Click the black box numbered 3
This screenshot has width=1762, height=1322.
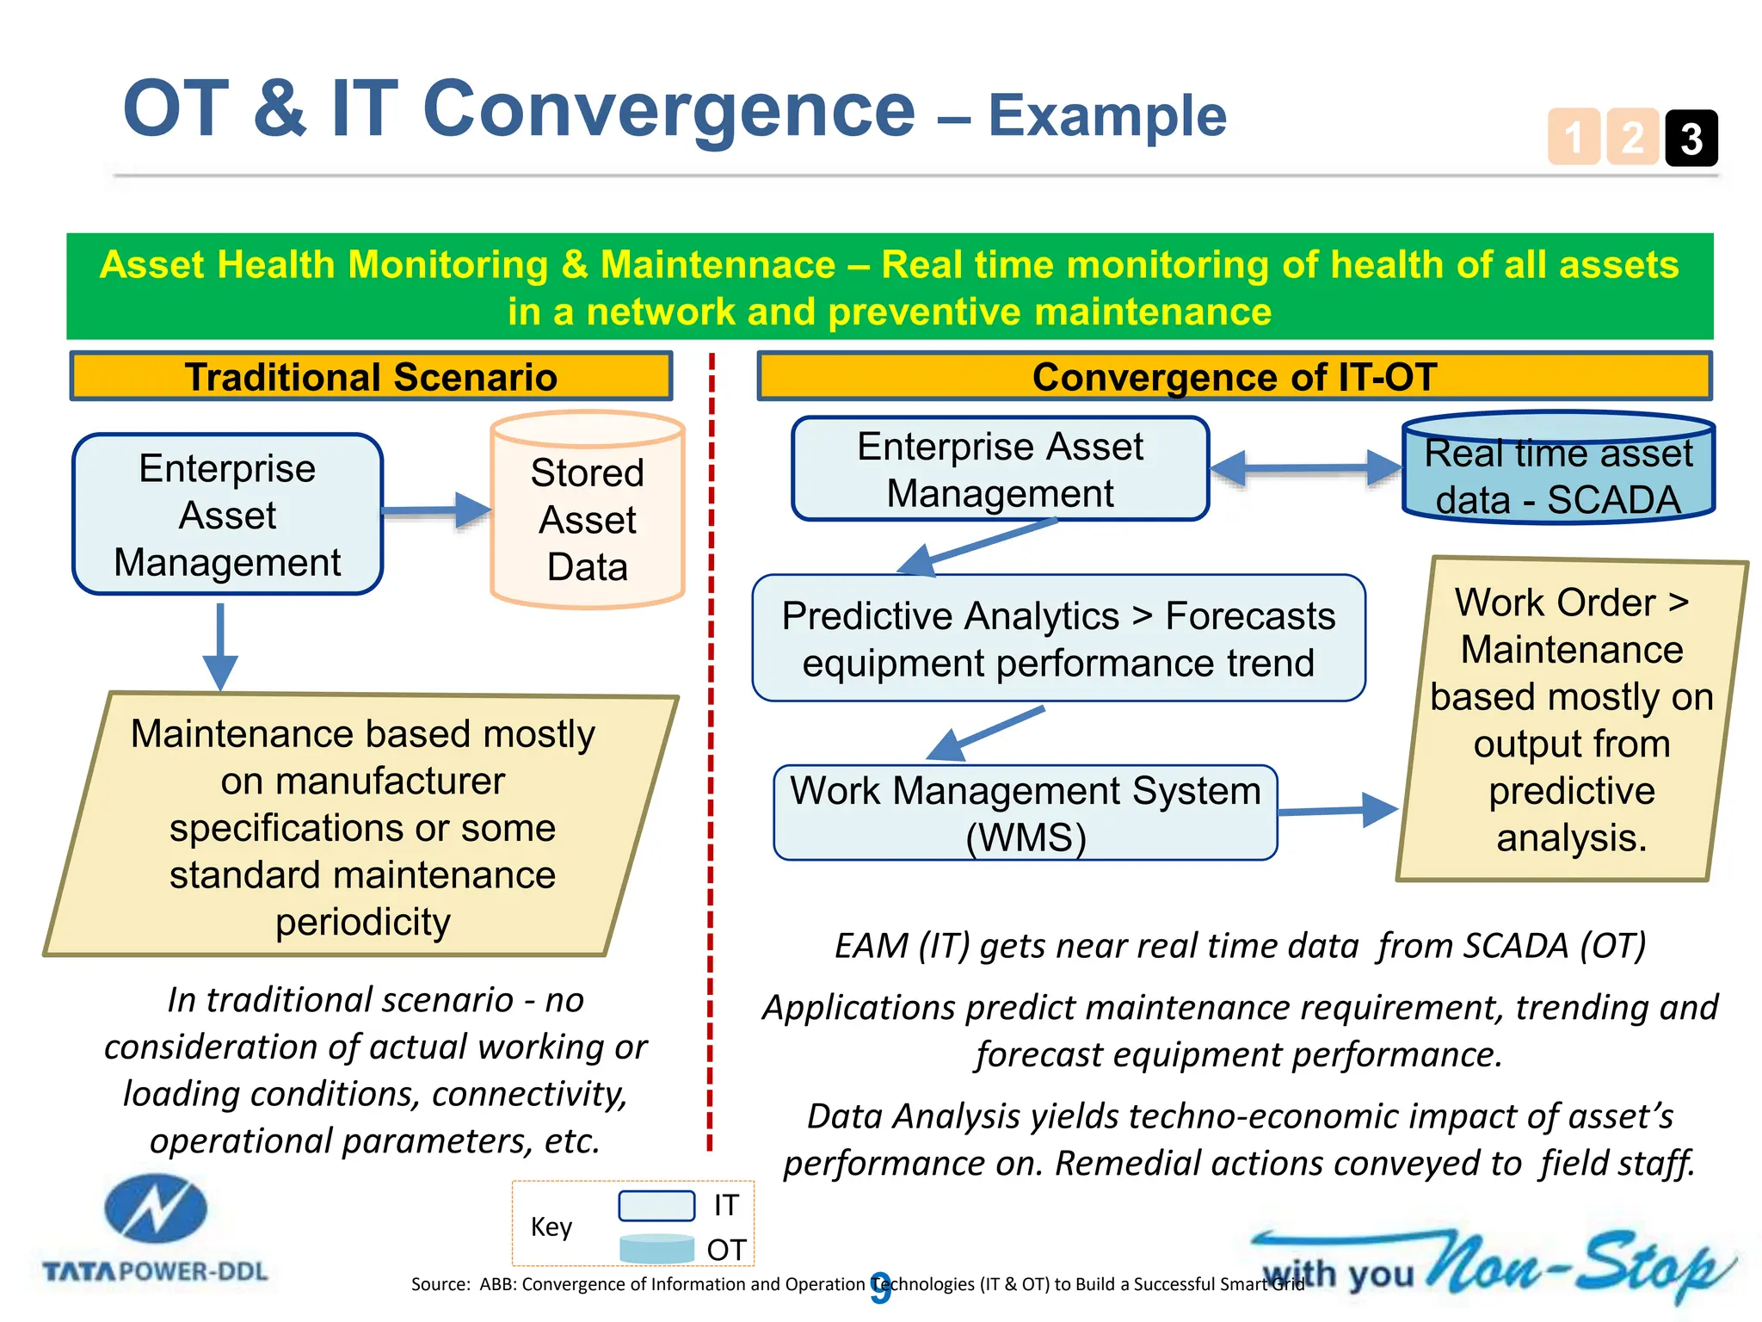click(x=1691, y=138)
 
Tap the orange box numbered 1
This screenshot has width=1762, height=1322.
click(x=1574, y=138)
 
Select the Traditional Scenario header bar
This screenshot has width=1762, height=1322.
click(x=371, y=377)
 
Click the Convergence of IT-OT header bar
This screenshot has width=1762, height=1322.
click(x=1235, y=377)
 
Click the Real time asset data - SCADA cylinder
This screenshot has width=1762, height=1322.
click(x=1558, y=470)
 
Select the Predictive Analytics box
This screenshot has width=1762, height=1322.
click(x=1058, y=639)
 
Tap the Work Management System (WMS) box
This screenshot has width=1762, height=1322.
click(x=1025, y=813)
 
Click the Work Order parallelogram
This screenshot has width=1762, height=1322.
click(x=1571, y=720)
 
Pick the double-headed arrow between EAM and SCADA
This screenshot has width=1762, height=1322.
click(x=1306, y=468)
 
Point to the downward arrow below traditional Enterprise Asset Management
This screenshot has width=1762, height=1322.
click(x=220, y=646)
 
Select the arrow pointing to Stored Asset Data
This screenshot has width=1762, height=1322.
click(x=435, y=511)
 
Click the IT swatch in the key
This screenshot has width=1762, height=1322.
click(x=656, y=1206)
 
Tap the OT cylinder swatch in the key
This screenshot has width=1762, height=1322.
click(x=656, y=1249)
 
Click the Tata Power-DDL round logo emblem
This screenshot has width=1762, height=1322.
click(x=156, y=1208)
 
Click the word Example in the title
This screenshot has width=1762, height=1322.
click(x=1106, y=116)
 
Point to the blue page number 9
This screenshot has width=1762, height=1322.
click(x=880, y=1288)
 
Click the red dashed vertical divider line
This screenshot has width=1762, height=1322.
click(x=711, y=749)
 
